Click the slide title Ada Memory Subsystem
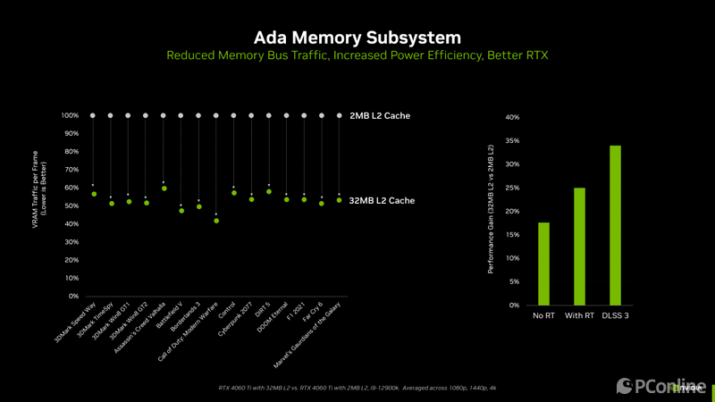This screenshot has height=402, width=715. [x=357, y=38]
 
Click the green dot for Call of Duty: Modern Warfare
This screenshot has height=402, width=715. [x=216, y=221]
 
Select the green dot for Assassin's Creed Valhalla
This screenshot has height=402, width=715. [x=164, y=188]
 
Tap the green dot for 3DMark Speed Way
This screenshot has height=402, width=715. [x=93, y=194]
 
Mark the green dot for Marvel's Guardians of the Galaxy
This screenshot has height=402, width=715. [x=339, y=200]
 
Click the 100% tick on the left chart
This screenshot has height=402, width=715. [x=71, y=116]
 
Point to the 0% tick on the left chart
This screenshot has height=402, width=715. [x=73, y=296]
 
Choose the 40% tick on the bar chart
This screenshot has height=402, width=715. [x=512, y=117]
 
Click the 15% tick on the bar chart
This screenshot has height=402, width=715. [x=512, y=235]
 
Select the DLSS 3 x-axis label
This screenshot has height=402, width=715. [x=615, y=315]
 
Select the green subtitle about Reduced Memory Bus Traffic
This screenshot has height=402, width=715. [x=357, y=55]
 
